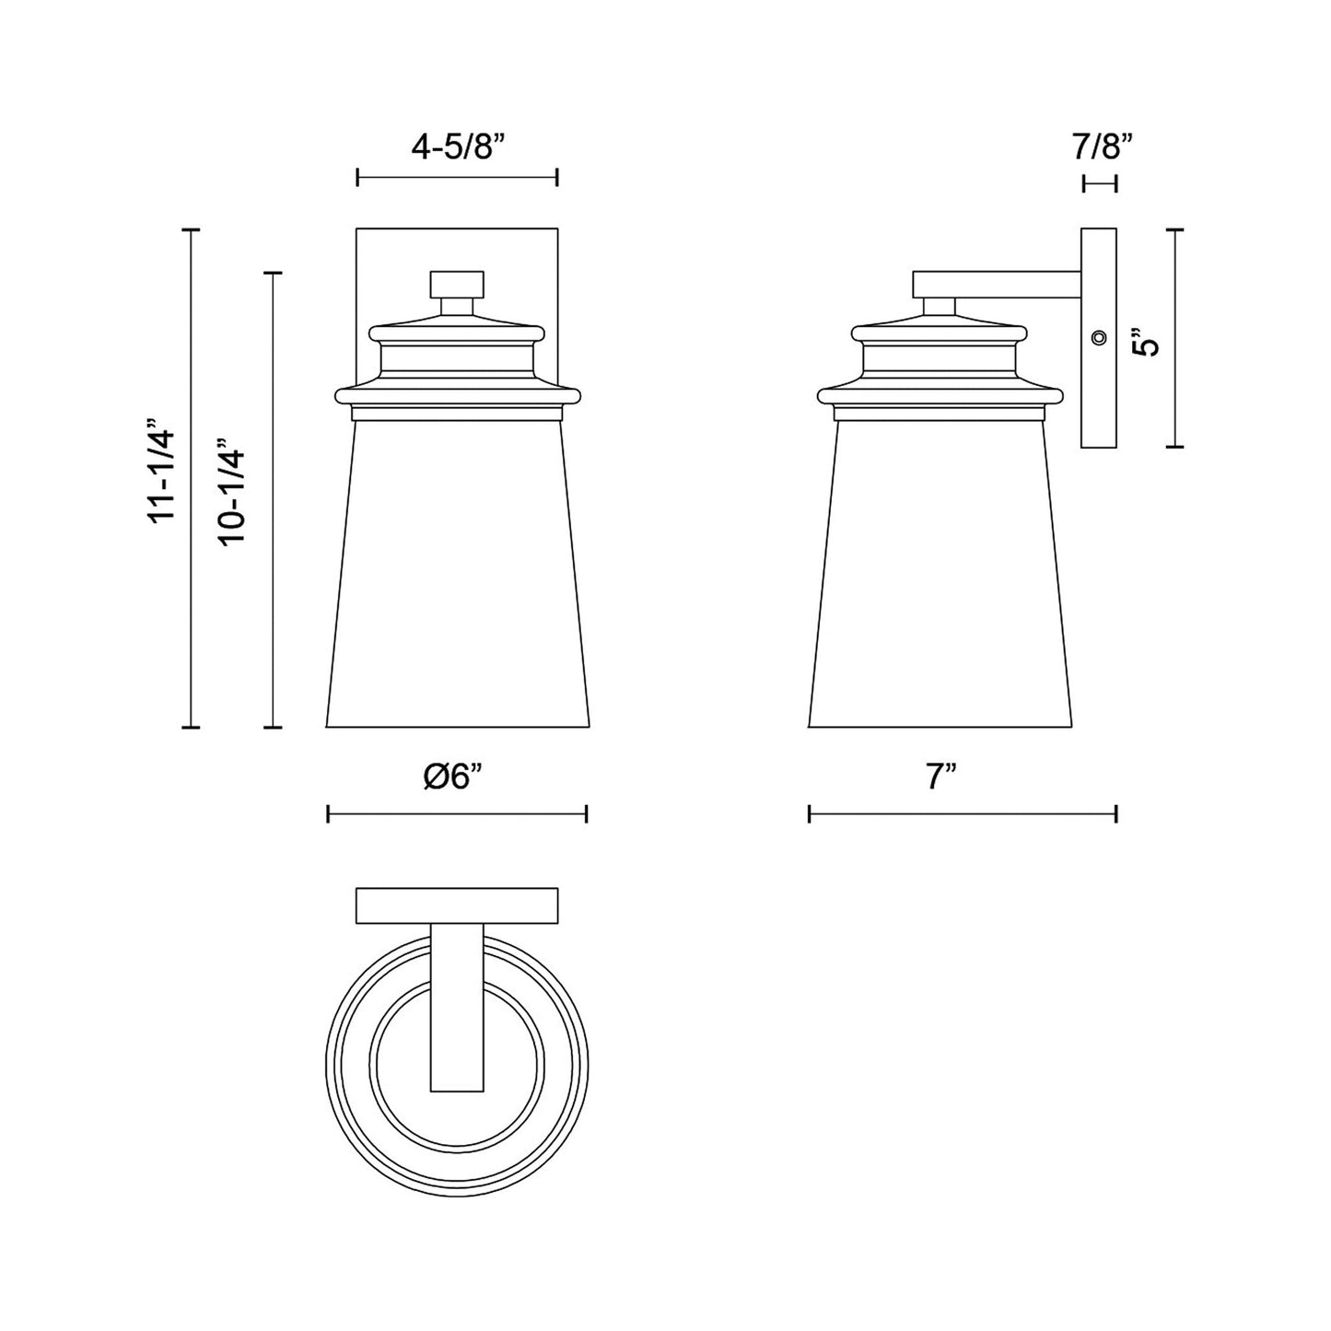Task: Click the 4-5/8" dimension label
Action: pos(458,146)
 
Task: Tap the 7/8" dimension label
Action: pos(1102,146)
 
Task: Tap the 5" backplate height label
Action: pos(1146,343)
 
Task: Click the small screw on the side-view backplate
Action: pos(1097,338)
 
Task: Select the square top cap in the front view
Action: pos(457,284)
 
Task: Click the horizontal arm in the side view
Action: pos(995,284)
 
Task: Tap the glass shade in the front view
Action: pos(457,580)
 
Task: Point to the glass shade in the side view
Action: pos(940,580)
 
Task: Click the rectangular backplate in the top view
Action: pos(457,905)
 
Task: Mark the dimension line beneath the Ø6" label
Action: pos(457,813)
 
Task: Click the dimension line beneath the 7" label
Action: pos(963,813)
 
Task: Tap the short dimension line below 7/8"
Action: pos(1099,183)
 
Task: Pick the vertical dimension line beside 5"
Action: pos(1174,338)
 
